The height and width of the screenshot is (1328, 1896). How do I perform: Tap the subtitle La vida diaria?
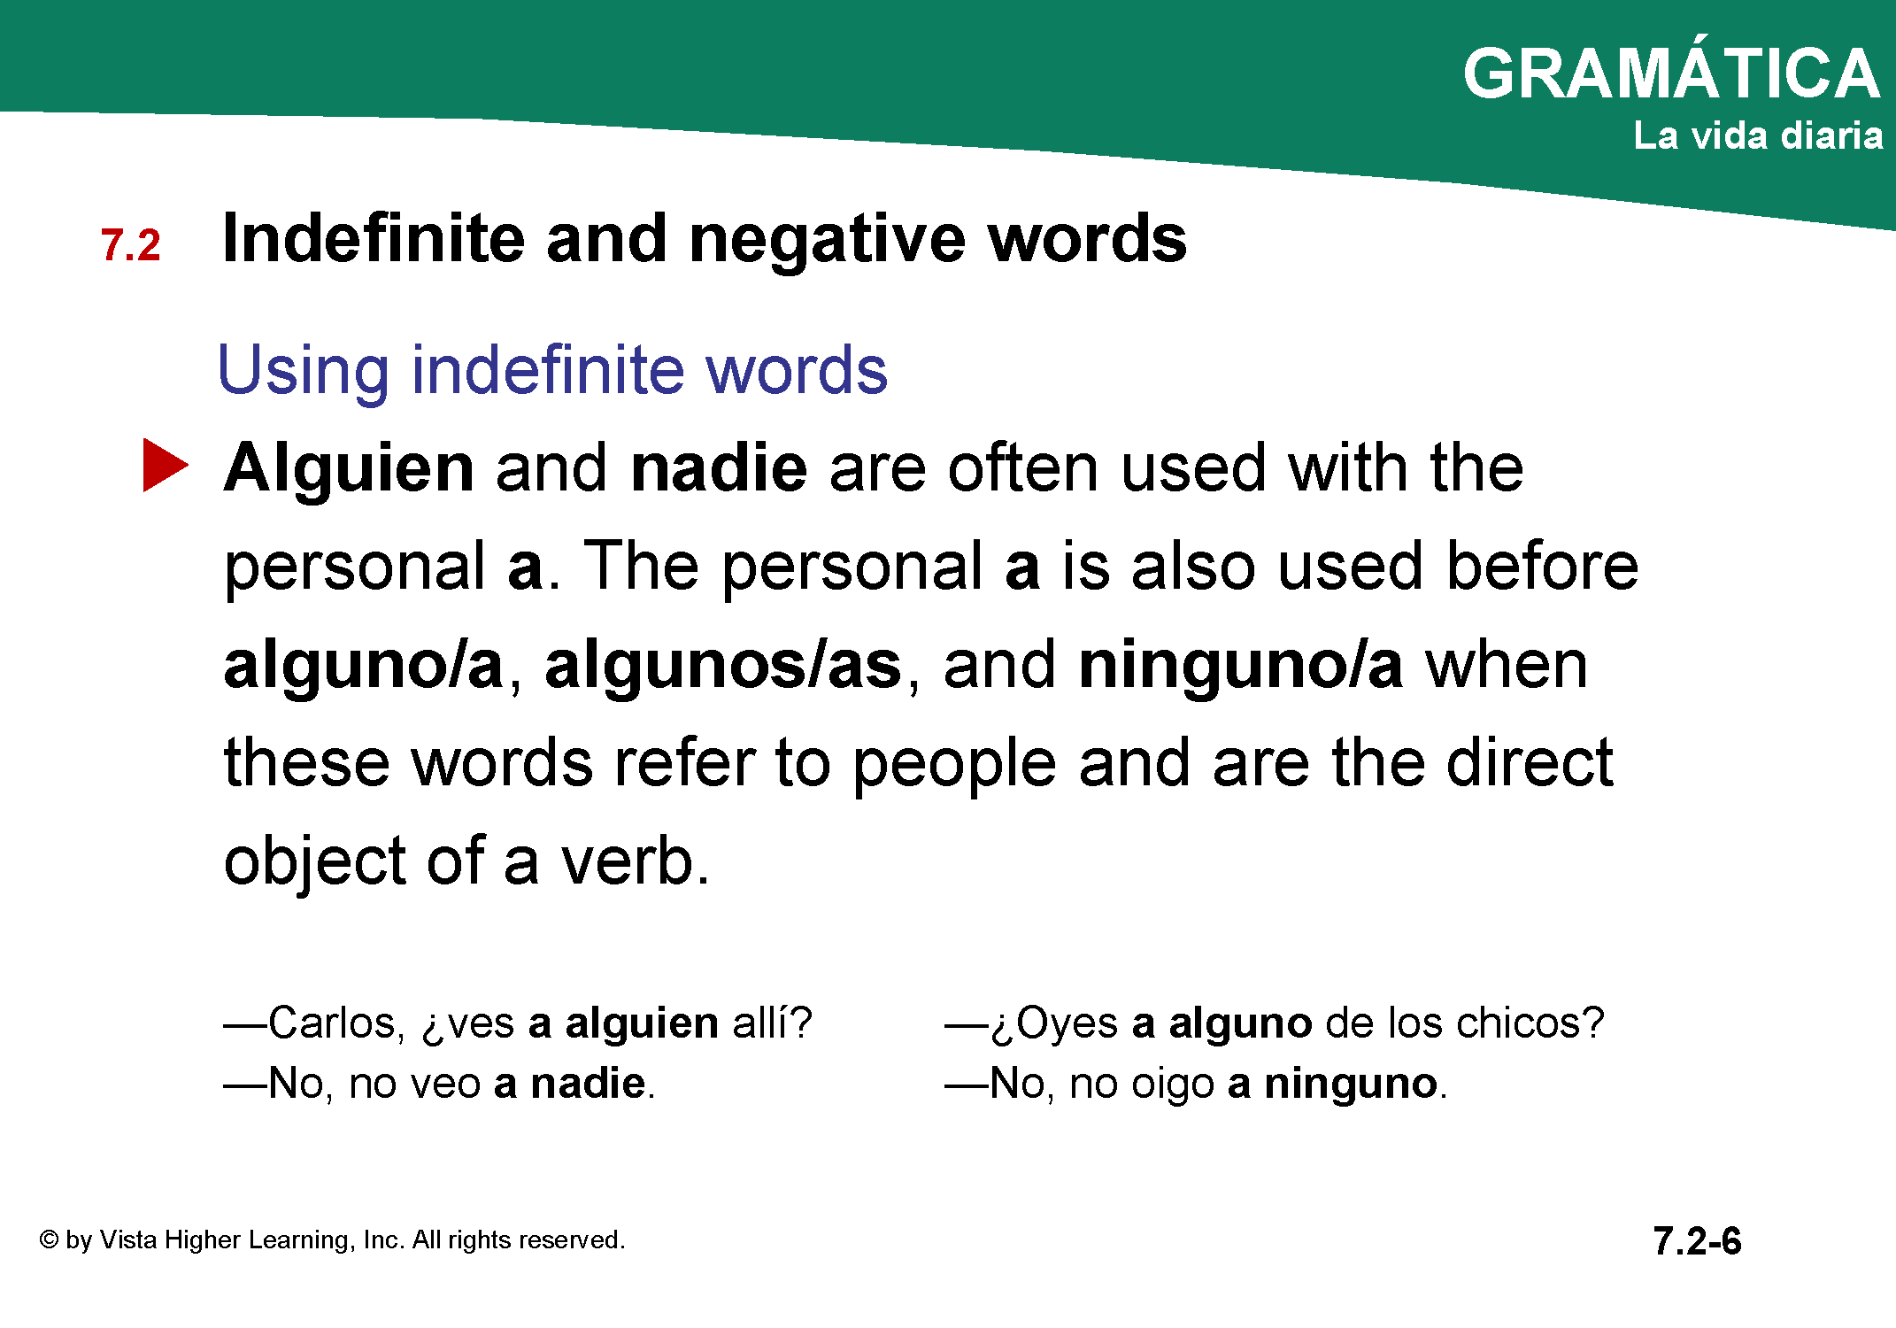pos(1758,135)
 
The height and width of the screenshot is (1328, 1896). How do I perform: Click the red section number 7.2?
pos(131,245)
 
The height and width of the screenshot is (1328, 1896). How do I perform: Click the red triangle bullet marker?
pos(166,465)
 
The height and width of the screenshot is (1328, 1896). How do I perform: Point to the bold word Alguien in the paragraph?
pos(349,468)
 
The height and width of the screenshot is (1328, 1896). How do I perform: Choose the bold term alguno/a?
pos(364,666)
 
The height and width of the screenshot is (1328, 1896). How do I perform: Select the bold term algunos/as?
pos(723,666)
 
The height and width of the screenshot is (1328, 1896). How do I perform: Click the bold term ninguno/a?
pos(1241,666)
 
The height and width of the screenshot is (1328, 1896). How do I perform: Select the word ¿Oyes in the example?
pos(1054,1023)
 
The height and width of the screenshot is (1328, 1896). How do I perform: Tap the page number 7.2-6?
pos(1697,1240)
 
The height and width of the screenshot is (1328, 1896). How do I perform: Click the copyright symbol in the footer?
pos(49,1239)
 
